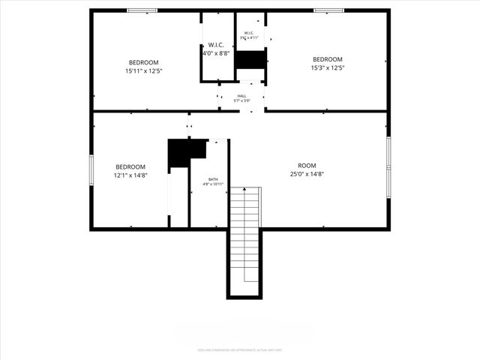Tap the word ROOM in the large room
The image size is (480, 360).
[x=307, y=166]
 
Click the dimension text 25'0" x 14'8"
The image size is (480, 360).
[x=307, y=175]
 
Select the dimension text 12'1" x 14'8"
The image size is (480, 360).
[x=130, y=175]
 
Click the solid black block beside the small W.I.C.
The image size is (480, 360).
[x=251, y=60]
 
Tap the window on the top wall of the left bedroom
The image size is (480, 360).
[x=142, y=10]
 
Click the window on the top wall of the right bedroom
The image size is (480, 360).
[x=328, y=10]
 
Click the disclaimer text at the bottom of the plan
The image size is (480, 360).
[x=240, y=349]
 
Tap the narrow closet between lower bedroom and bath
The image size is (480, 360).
[x=178, y=196]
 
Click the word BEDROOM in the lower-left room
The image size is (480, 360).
[x=130, y=166]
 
